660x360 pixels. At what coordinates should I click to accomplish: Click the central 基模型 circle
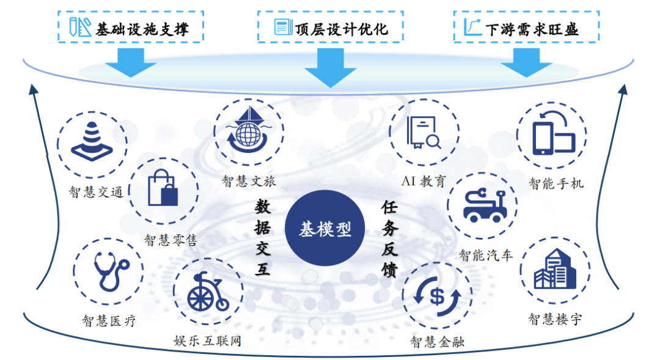pos(325,229)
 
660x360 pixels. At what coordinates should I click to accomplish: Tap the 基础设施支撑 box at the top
pos(130,27)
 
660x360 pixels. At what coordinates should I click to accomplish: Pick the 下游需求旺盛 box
pos(526,27)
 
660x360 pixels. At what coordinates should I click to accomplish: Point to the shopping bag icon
pos(163,191)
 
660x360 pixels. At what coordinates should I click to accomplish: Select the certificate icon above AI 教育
pos(424,133)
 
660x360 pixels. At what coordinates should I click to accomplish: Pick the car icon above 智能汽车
pos(483,205)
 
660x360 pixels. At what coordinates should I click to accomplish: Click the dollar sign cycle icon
pos(437,296)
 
